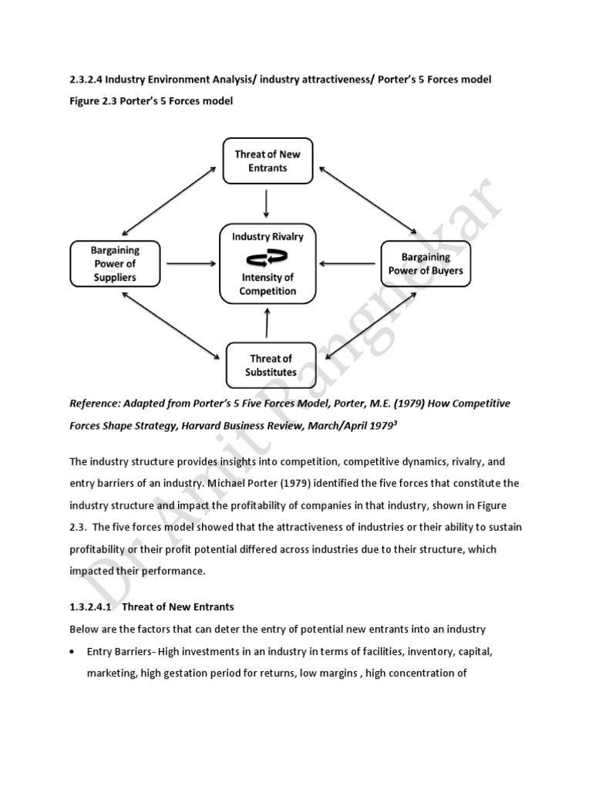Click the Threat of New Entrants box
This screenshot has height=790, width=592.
(267, 160)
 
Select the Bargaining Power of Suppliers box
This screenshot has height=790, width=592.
(114, 263)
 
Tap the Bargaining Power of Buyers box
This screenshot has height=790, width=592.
(425, 263)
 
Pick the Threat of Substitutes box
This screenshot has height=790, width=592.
(271, 365)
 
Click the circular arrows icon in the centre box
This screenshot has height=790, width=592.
(267, 257)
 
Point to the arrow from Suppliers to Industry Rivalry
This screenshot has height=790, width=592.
(191, 264)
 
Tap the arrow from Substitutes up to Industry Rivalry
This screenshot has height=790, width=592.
(267, 323)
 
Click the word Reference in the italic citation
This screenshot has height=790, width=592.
(96, 403)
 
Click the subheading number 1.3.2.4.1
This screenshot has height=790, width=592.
(93, 607)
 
